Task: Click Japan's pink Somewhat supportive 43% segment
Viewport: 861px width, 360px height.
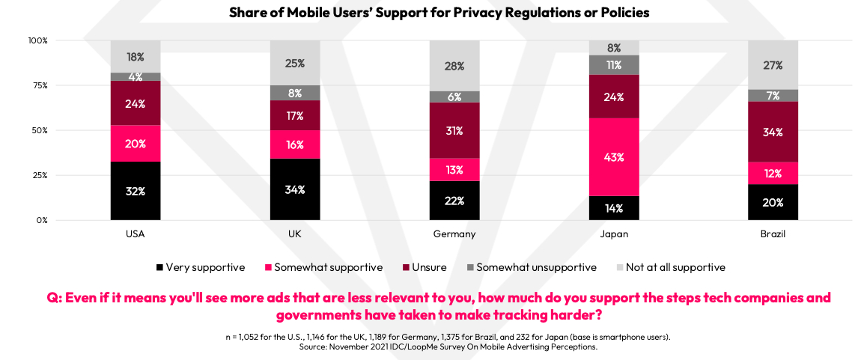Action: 614,157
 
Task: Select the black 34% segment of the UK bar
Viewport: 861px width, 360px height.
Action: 295,189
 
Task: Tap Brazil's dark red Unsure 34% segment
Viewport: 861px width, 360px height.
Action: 773,132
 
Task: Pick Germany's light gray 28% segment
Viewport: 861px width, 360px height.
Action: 454,66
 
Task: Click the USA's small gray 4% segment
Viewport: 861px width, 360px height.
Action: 136,76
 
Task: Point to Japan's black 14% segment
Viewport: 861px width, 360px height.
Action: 614,207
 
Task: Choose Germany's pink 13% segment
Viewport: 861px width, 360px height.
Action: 454,169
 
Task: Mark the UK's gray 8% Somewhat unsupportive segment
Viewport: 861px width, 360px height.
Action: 295,93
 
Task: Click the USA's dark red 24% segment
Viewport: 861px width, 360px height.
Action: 136,103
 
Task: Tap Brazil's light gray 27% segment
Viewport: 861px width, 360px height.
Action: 773,65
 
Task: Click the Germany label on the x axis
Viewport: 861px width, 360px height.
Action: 454,234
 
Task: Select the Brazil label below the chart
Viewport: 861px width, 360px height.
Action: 773,234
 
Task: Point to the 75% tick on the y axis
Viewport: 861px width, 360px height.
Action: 37,85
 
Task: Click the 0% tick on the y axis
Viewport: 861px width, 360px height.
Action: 40,220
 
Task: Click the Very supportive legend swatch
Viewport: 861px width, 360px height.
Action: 159,267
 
